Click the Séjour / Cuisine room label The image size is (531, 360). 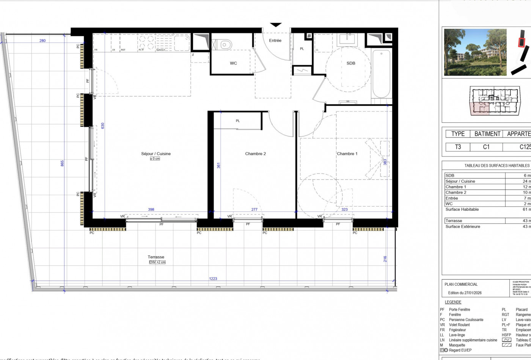pos(156,154)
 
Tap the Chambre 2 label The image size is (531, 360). pos(255,154)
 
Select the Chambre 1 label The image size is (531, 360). pos(347,154)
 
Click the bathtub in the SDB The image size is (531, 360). pos(381,74)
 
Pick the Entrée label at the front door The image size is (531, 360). pos(275,41)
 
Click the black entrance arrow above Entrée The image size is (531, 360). pos(275,25)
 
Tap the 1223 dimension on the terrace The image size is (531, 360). pos(213,279)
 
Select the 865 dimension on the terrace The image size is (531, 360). pos(63,163)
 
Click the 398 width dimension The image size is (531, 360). pos(151,209)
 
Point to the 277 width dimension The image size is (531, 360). pos(254,209)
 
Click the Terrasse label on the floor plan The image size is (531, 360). pos(156,257)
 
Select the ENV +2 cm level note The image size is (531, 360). pos(157,262)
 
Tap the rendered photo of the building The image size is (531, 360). pos(475,52)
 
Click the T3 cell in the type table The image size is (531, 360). pos(458,147)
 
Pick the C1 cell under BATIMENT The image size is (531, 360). pos(486,147)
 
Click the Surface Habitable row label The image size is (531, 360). pos(462,210)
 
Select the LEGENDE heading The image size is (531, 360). pos(453,302)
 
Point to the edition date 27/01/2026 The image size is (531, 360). pos(465,293)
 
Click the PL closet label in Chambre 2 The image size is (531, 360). pos(238,121)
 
